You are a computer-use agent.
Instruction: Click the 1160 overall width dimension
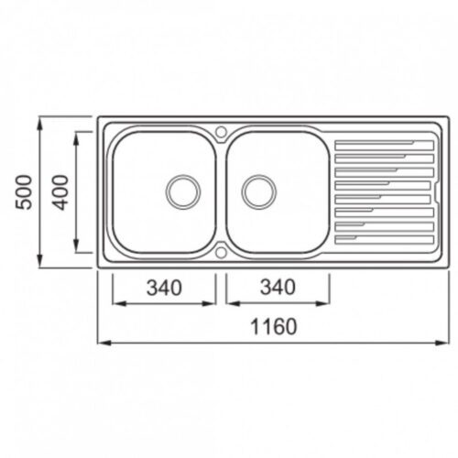click(274, 326)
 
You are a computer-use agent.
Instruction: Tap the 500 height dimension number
click(24, 192)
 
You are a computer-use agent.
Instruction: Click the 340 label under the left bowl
click(164, 288)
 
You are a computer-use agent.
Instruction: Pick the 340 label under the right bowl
click(278, 288)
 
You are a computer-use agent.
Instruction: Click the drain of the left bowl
click(183, 191)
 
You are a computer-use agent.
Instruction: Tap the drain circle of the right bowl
click(259, 191)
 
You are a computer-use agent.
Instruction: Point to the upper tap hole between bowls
click(221, 132)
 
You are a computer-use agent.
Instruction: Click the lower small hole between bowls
click(221, 252)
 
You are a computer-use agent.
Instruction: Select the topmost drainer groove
click(384, 146)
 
